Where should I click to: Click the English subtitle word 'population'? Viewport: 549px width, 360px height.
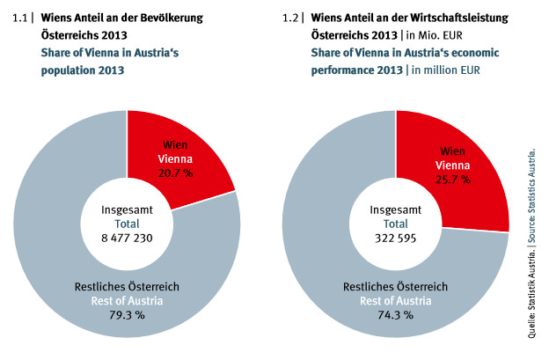pos(71,70)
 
